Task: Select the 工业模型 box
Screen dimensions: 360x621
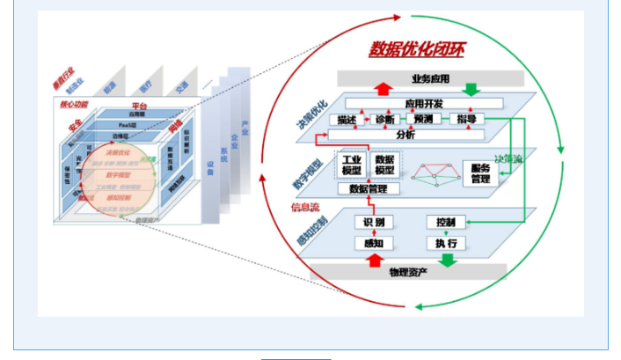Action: (x=351, y=165)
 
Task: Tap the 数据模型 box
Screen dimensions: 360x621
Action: (x=384, y=165)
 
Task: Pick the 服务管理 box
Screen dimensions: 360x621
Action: (x=480, y=173)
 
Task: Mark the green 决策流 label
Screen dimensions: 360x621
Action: (x=508, y=159)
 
